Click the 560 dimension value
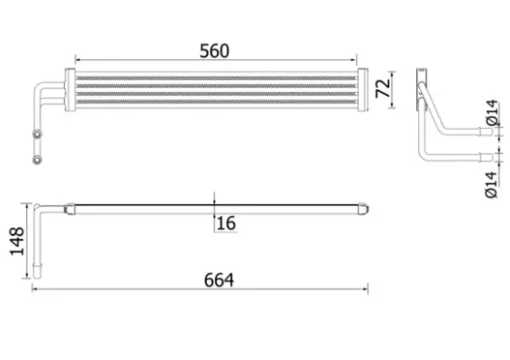tap(214, 51)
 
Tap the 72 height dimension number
tap(383, 88)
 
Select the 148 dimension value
tap(17, 241)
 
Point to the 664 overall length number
tap(219, 280)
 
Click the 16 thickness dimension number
tap(225, 224)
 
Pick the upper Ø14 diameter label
tap(492, 112)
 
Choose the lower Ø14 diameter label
tap(491, 185)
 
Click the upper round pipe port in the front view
tap(37, 134)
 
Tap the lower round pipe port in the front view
tap(37, 160)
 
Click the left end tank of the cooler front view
tap(70, 90)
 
